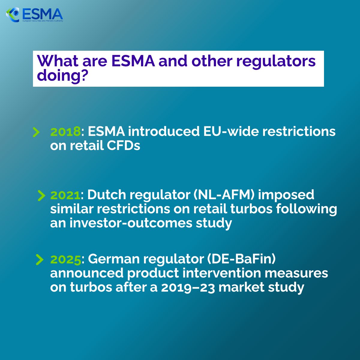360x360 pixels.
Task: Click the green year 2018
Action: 65,131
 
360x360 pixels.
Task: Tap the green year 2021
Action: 65,195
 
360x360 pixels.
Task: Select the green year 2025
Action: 66,259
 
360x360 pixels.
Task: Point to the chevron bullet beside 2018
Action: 36,132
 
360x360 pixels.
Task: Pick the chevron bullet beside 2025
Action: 39,259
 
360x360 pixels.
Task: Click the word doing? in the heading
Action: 62,75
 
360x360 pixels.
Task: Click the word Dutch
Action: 106,195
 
